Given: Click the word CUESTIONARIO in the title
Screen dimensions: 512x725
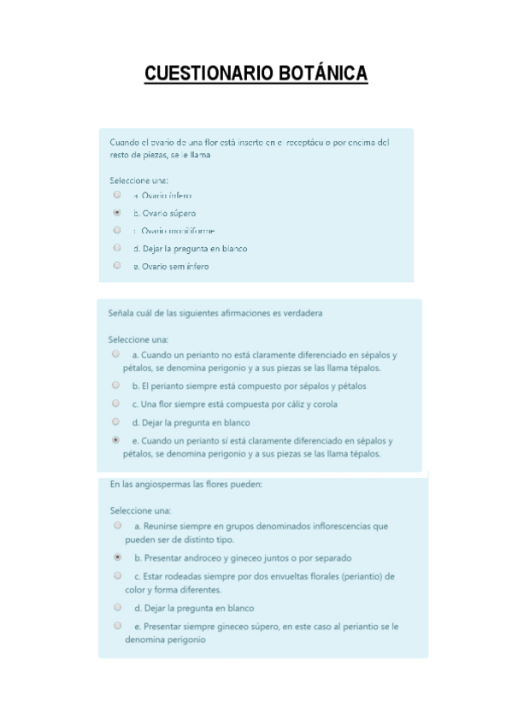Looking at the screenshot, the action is point(209,74).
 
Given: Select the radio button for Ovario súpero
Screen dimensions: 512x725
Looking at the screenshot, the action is point(117,212).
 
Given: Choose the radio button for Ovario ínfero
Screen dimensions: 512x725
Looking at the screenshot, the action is point(117,195).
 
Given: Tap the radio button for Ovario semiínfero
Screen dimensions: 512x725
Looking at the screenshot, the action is point(117,266).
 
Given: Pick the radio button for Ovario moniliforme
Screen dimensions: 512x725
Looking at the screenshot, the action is point(117,230).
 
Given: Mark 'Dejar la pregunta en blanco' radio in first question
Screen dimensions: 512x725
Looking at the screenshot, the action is point(117,248).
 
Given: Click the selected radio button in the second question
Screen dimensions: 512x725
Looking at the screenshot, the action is point(115,439).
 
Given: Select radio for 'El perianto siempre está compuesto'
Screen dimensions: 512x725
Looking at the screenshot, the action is point(115,386).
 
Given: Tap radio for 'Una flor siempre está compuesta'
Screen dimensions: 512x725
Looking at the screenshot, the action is point(115,404).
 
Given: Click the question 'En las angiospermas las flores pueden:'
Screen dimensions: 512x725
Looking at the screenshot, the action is point(185,484).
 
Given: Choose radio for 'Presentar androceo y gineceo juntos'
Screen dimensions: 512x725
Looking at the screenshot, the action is point(117,557).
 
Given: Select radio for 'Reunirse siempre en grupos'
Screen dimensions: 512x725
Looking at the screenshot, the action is point(117,526).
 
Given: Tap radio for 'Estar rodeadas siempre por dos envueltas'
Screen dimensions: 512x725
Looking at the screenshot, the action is point(117,575).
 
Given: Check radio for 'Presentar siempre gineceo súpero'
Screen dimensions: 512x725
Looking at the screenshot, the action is point(117,625).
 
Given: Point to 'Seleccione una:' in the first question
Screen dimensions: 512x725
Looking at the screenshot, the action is point(138,180).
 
